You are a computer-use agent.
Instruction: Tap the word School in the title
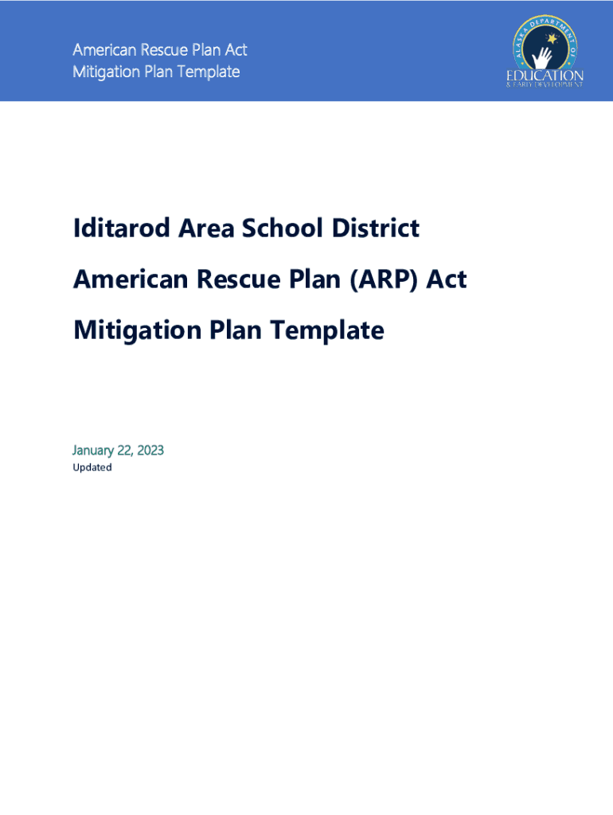point(283,228)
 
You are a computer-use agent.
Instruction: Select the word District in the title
point(376,228)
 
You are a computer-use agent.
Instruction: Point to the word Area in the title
point(206,228)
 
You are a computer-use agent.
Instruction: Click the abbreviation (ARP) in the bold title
point(384,279)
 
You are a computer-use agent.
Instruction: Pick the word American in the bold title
point(131,279)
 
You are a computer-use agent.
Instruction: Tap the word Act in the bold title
point(447,279)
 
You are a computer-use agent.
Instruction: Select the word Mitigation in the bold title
point(137,331)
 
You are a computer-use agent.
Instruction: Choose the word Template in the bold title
point(327,331)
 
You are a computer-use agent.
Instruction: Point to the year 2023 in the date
point(150,450)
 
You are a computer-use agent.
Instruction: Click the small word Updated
point(92,467)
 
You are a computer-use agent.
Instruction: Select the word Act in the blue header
point(236,50)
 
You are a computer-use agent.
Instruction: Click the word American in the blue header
point(104,50)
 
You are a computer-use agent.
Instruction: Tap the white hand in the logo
point(542,57)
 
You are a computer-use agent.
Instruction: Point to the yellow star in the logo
point(552,38)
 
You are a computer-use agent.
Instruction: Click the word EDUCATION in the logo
point(545,76)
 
